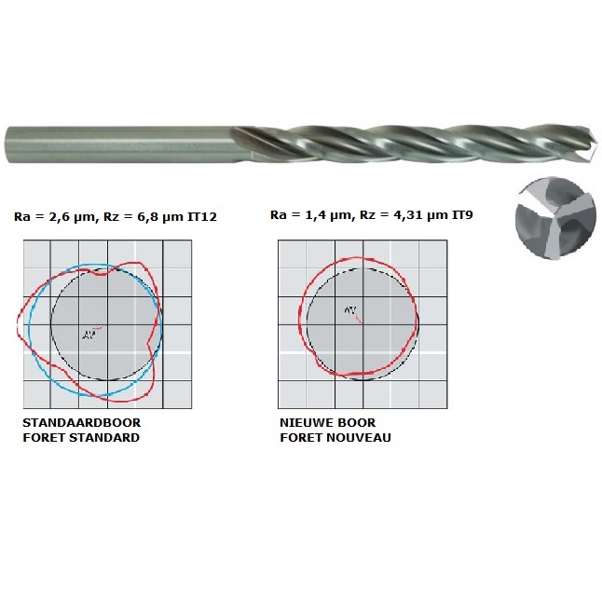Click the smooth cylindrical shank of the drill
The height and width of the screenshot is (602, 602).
[112, 147]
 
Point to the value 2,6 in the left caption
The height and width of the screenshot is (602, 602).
[54, 216]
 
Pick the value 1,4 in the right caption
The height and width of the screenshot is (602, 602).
[311, 216]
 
